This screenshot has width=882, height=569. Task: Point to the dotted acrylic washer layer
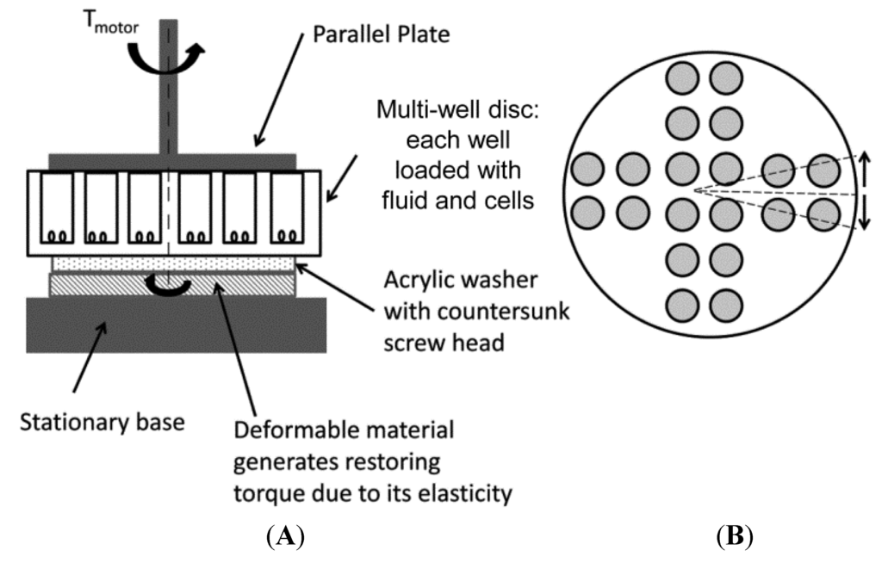[172, 263]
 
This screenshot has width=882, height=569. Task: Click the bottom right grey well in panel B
[726, 304]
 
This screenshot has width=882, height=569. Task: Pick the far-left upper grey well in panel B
[587, 169]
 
